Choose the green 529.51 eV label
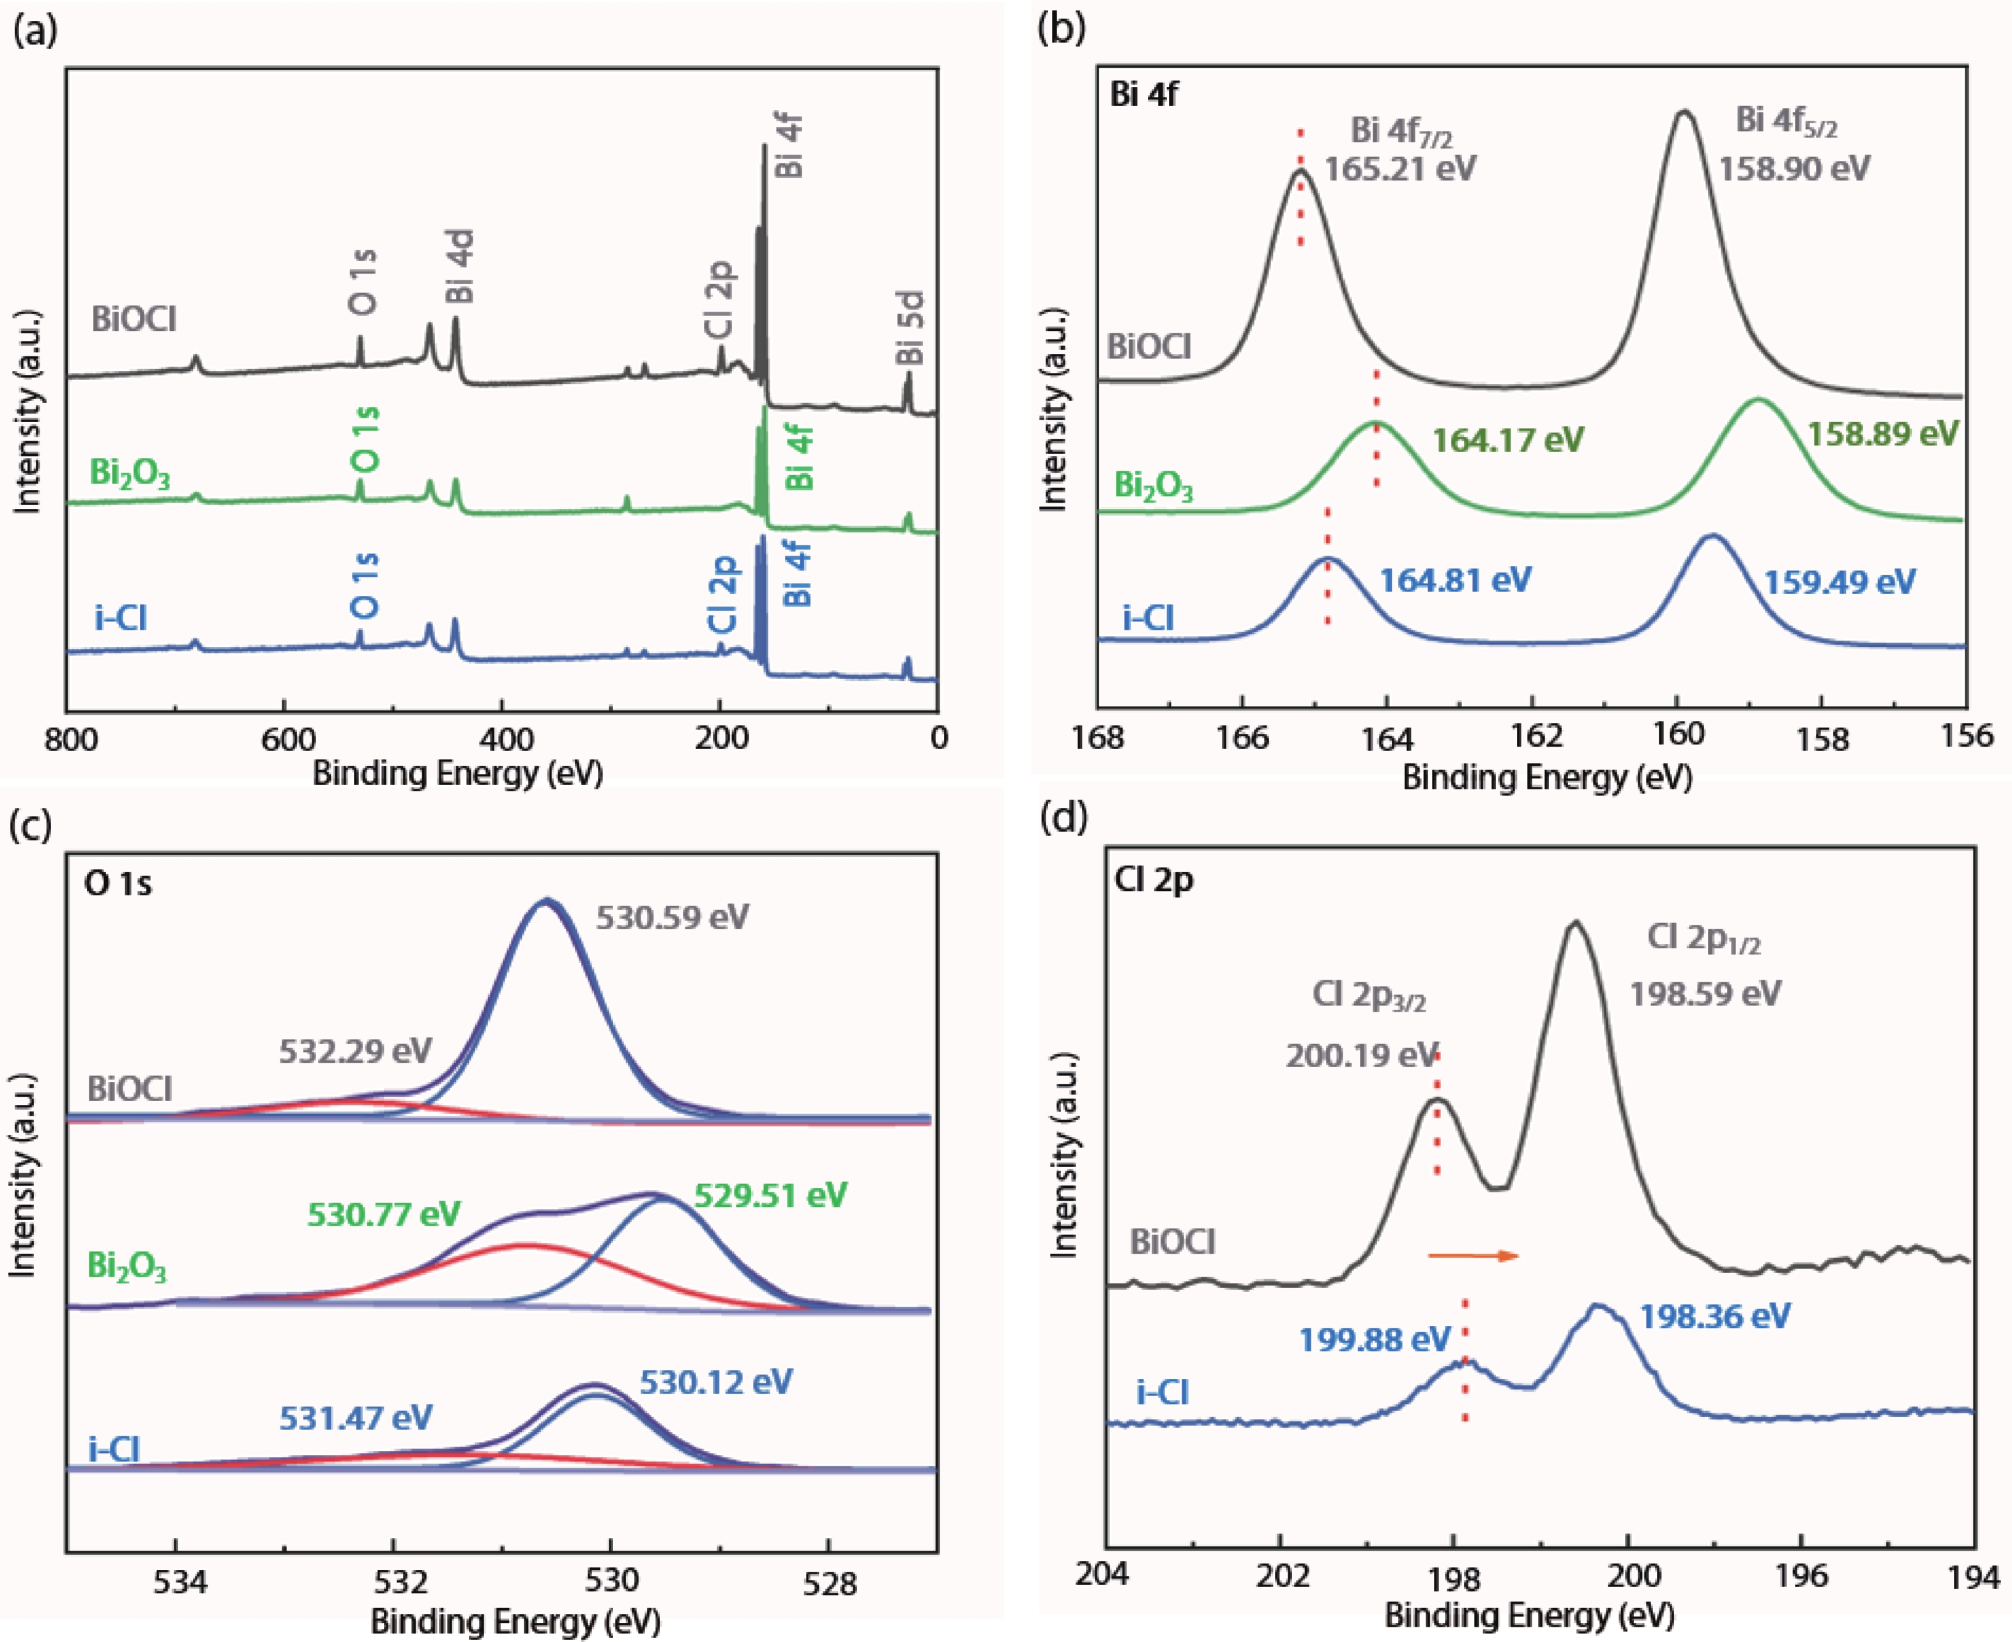pos(770,1194)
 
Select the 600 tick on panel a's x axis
pos(284,739)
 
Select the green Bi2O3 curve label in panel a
pos(130,473)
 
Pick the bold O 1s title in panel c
pos(118,883)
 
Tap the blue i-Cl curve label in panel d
pos(1162,1392)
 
